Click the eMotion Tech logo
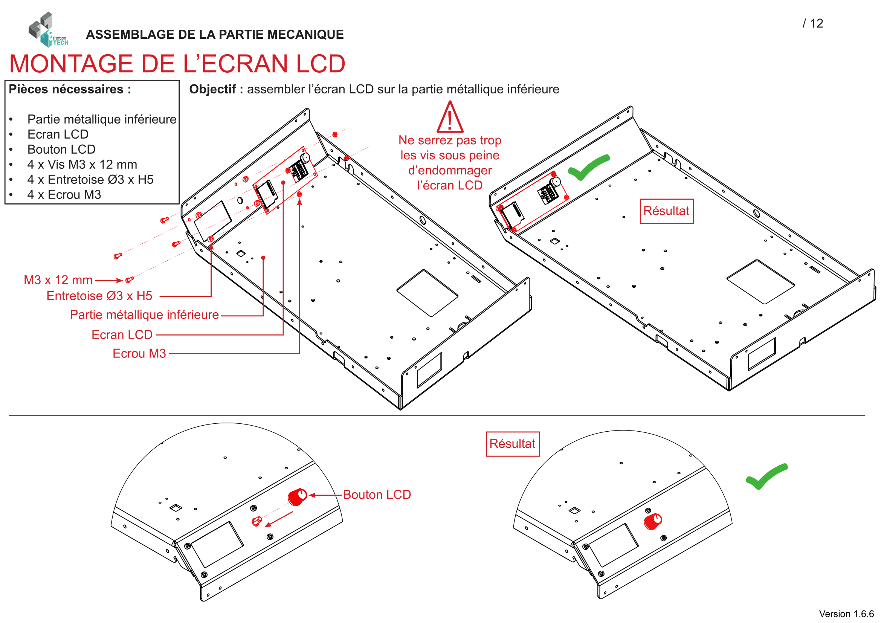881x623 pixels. click(x=48, y=29)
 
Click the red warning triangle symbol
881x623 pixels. click(x=450, y=117)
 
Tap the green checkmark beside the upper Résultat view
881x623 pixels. click(x=589, y=167)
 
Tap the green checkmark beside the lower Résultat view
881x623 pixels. click(x=766, y=476)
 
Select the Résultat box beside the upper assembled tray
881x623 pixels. click(x=667, y=211)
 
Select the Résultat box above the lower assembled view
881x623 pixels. click(x=513, y=444)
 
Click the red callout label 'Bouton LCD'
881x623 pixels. click(x=377, y=495)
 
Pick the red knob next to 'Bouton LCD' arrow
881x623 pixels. click(x=298, y=497)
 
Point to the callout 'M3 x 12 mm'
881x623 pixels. click(x=58, y=280)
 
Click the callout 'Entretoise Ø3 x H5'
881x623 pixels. click(x=99, y=296)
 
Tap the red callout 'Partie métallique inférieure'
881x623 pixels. click(x=144, y=315)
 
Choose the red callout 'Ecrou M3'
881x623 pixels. click(x=139, y=353)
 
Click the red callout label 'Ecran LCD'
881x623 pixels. click(x=122, y=334)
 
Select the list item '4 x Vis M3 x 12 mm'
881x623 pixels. click(x=82, y=165)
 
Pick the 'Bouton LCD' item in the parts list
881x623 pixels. click(x=61, y=149)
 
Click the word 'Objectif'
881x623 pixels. click(x=212, y=89)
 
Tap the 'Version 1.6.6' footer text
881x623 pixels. click(x=846, y=614)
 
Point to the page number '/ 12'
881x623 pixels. click(x=813, y=23)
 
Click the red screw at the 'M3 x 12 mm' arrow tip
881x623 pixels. click(x=130, y=279)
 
